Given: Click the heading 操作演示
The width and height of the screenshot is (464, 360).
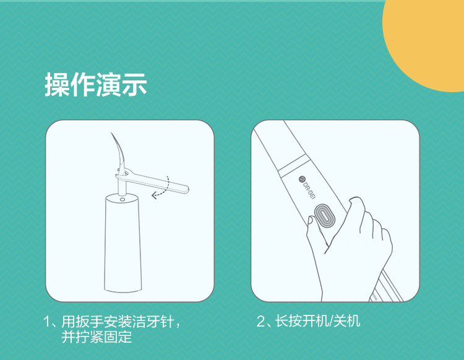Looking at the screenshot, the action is pos(96,85).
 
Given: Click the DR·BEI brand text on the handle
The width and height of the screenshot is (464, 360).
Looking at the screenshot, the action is pos(307,190).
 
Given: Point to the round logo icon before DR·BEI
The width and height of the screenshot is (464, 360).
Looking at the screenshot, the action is pos(301,179).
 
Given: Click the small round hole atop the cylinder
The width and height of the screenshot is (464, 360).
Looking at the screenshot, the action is pos(122,200).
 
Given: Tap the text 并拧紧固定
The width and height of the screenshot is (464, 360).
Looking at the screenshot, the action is pos(97,337).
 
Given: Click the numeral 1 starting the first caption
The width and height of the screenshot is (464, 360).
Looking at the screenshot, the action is pos(47,322).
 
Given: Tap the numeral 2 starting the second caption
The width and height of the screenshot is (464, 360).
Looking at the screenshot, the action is pos(260,321).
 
